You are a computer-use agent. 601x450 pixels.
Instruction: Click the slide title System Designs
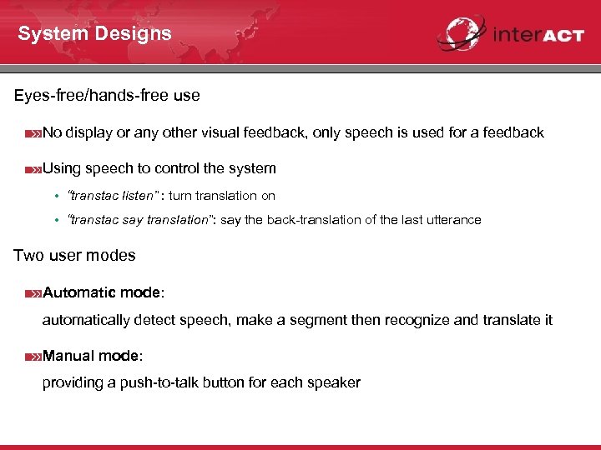pyautogui.click(x=94, y=34)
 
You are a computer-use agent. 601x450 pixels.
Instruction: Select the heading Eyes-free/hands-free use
pyautogui.click(x=107, y=96)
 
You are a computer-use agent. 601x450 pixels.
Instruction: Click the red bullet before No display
pyautogui.click(x=33, y=132)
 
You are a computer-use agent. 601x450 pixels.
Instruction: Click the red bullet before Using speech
pyautogui.click(x=33, y=169)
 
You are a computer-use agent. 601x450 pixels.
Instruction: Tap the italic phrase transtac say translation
pyautogui.click(x=139, y=220)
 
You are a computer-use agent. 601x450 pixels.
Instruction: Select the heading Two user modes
pyautogui.click(x=74, y=256)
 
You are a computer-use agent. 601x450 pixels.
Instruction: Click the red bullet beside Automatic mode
pyautogui.click(x=33, y=293)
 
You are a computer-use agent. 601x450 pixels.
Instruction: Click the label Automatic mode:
pyautogui.click(x=104, y=292)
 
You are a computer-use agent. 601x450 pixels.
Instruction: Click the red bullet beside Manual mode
pyautogui.click(x=33, y=357)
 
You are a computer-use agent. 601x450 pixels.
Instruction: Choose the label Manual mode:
pyautogui.click(x=93, y=356)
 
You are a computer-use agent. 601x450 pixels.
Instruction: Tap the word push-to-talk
pyautogui.click(x=162, y=383)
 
